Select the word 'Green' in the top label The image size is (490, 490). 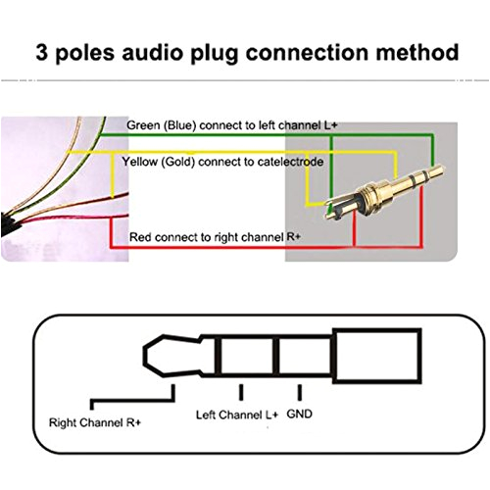[145, 126]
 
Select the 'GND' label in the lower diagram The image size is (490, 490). [301, 413]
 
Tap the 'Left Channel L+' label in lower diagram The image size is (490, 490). [236, 414]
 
